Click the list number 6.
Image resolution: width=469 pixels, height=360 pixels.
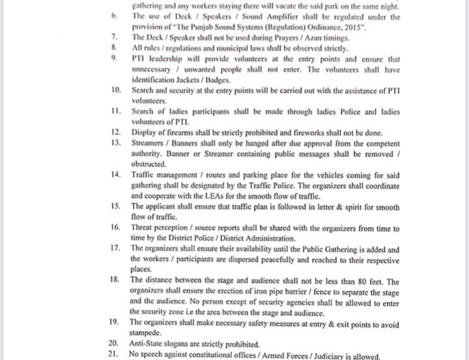113,17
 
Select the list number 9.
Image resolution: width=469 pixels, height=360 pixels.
113,58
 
